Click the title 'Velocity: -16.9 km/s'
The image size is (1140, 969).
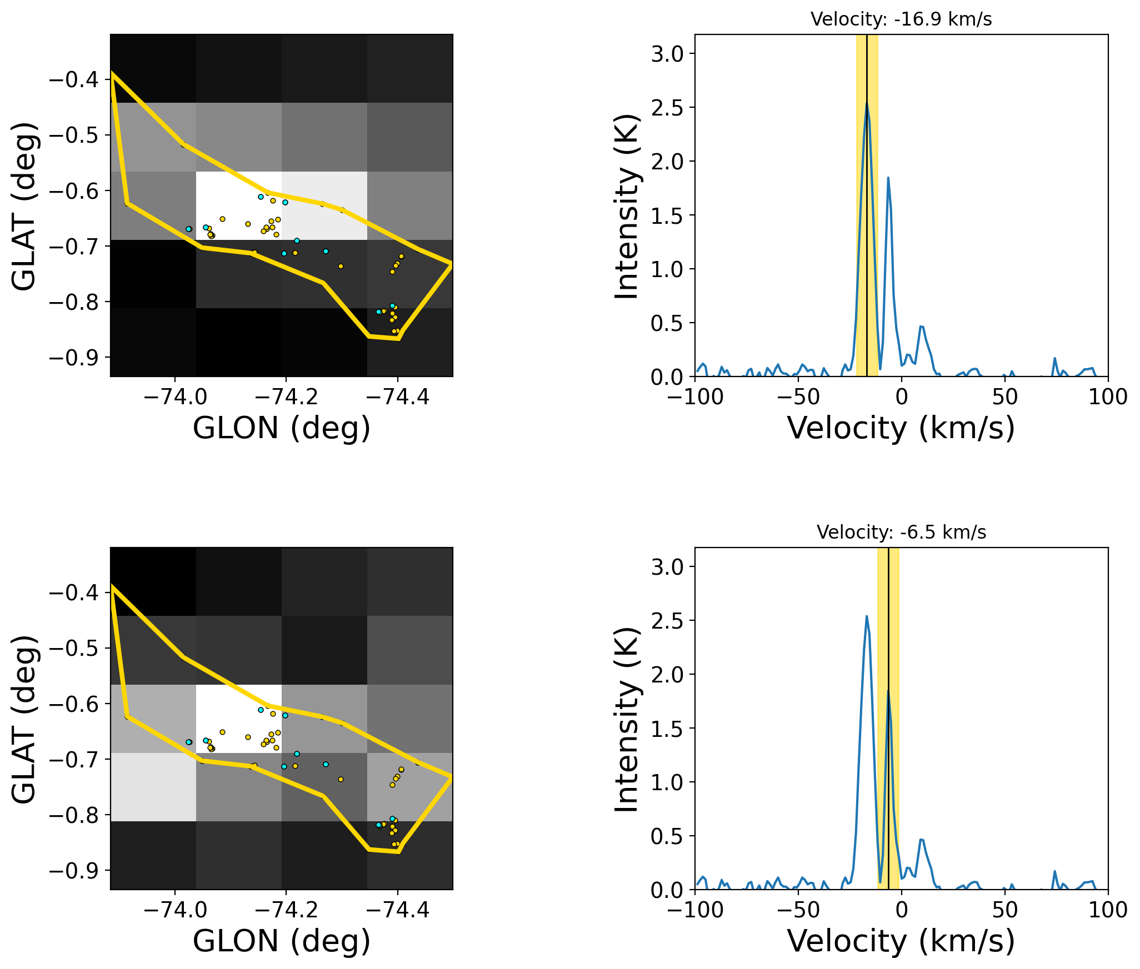coord(901,19)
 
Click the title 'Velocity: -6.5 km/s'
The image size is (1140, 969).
coord(901,533)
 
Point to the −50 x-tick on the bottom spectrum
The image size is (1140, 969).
coord(798,910)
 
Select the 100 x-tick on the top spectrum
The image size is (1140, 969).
coord(1108,397)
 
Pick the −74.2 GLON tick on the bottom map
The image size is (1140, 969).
coord(286,910)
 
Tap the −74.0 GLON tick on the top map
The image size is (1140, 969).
coord(175,397)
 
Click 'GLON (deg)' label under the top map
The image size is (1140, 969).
coord(281,428)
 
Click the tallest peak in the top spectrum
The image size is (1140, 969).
coord(866,103)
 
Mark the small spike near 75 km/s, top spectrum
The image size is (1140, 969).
coord(1054,359)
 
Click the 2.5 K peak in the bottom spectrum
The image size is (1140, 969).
coord(866,616)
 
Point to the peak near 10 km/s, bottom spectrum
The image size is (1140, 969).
coord(921,840)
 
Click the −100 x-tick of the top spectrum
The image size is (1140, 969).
coord(694,397)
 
